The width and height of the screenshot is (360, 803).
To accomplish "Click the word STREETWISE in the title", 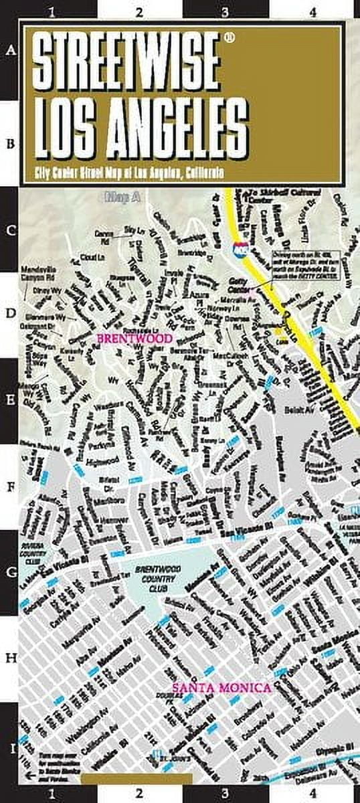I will tap(125, 64).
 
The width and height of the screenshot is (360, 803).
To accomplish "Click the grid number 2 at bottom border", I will tap(139, 794).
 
